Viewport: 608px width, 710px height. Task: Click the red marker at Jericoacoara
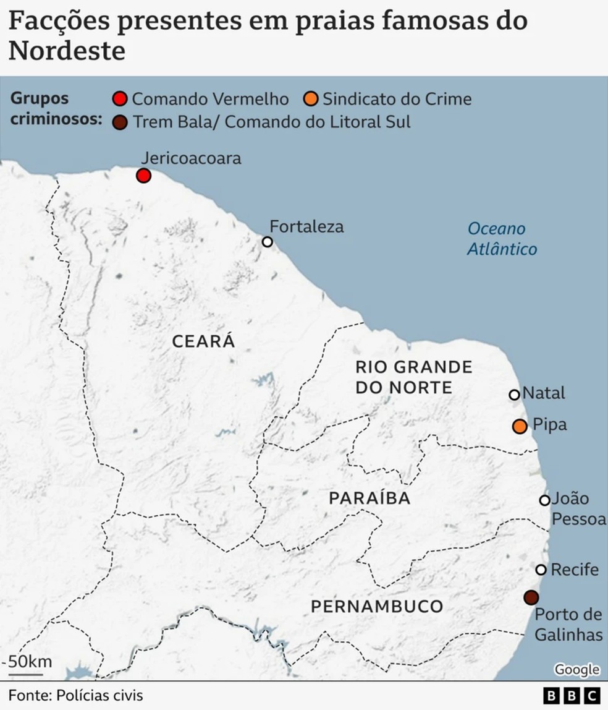click(x=143, y=176)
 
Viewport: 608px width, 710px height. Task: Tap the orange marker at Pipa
click(x=520, y=426)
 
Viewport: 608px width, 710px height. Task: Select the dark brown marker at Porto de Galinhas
click(x=531, y=597)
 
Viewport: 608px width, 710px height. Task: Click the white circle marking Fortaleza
click(x=268, y=242)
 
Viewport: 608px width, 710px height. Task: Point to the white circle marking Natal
click(x=514, y=395)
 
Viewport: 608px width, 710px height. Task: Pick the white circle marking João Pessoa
click(x=544, y=500)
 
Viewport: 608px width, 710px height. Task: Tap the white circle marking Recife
click(x=541, y=570)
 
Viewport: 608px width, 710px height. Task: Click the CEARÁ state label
click(x=203, y=341)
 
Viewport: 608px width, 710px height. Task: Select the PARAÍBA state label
click(x=369, y=498)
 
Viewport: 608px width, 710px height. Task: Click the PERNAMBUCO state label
click(x=377, y=606)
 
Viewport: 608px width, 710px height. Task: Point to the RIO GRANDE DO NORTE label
click(x=413, y=377)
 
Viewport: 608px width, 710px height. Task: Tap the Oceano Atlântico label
click(x=501, y=239)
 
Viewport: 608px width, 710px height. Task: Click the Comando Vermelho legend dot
click(x=120, y=100)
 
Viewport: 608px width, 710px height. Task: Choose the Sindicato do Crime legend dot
click(x=312, y=100)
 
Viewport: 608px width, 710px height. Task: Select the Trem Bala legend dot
click(x=120, y=122)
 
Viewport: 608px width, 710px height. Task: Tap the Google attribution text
click(x=576, y=669)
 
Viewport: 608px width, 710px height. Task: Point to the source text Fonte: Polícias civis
click(x=75, y=695)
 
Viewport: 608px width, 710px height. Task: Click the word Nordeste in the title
click(x=67, y=51)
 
